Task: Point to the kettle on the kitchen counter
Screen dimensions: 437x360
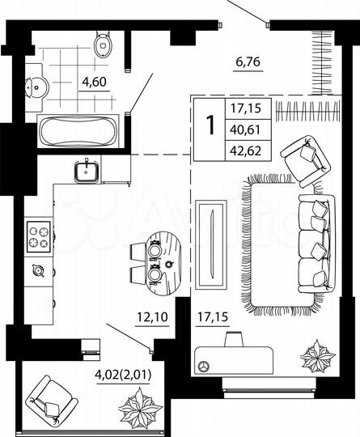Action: (36, 270)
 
